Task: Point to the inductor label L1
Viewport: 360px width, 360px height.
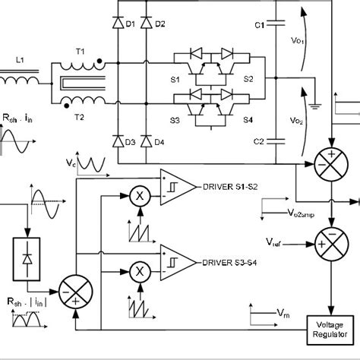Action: pos(21,60)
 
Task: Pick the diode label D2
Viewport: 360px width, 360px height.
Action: pos(159,24)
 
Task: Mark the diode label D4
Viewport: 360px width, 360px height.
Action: pos(159,141)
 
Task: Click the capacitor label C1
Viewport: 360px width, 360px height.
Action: pos(260,25)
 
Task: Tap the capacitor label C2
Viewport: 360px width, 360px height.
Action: pos(260,141)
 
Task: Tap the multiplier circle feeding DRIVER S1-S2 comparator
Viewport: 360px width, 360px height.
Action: pos(139,194)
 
